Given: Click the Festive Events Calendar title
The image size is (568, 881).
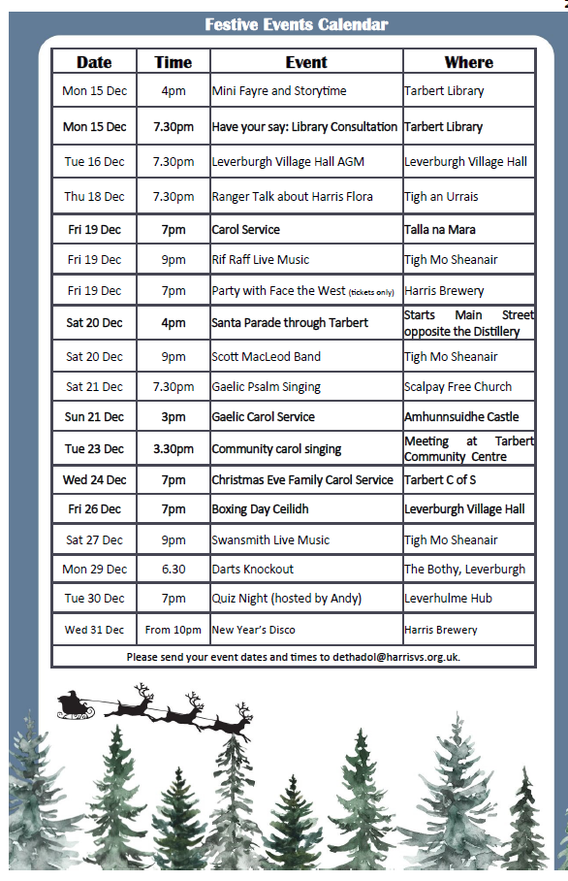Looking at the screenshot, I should tap(297, 24).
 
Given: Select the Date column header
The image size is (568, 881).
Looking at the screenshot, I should tap(94, 62).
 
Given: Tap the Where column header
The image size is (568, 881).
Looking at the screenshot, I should tap(468, 62).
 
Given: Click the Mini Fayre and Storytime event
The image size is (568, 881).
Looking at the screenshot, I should tap(279, 91).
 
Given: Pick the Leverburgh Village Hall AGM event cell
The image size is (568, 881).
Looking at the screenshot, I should tap(288, 162).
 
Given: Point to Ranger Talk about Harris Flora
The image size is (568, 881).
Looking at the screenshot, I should tap(292, 197).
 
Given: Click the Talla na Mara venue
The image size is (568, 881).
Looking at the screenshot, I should tap(439, 230).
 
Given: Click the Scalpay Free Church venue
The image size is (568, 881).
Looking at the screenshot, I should tap(458, 387).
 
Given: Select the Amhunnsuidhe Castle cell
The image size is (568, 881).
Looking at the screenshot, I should tap(461, 417).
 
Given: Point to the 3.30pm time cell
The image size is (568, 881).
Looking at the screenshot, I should tap(173, 449).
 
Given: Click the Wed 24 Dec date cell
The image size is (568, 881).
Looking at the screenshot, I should tap(94, 480).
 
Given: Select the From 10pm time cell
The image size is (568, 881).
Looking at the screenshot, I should tap(173, 630).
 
